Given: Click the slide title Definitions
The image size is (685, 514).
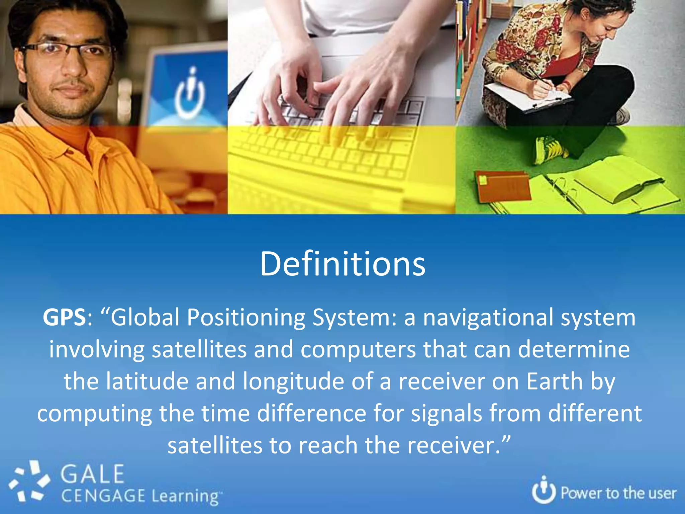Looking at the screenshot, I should [342, 264].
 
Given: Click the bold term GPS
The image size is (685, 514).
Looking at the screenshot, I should [64, 317].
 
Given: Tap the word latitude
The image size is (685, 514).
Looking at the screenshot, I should [147, 381].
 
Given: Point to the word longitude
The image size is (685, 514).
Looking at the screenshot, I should [293, 381].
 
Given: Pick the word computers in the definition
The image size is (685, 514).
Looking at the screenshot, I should [358, 349].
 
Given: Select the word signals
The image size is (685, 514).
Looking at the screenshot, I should [447, 414].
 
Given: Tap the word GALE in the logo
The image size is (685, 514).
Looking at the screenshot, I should [92, 474].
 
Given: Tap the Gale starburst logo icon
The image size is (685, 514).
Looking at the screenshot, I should [29, 482].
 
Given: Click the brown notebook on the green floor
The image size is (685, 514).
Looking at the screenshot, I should [502, 186].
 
